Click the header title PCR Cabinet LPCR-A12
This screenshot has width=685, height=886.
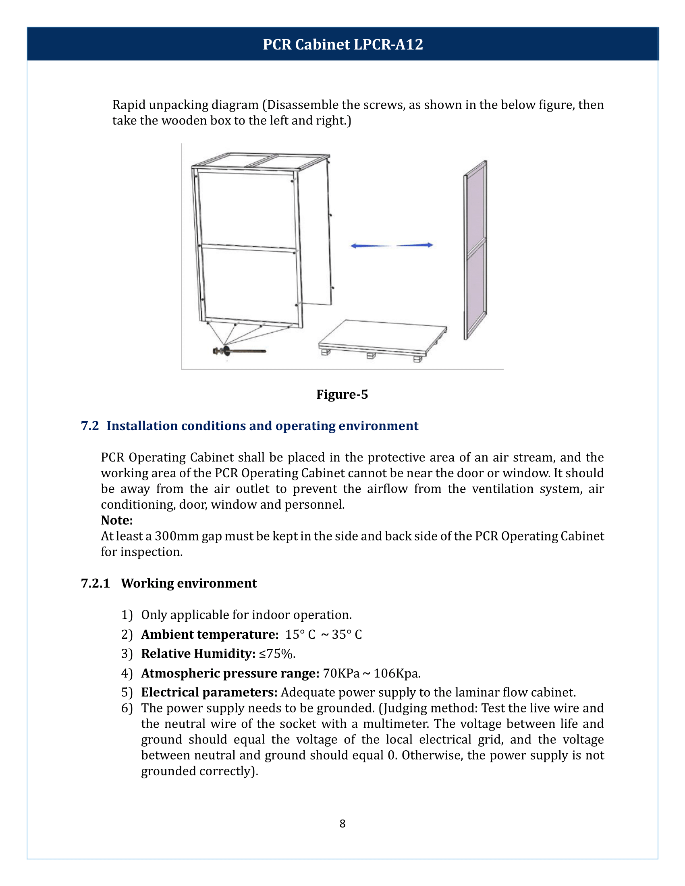tap(342, 44)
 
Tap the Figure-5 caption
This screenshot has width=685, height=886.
tap(342, 394)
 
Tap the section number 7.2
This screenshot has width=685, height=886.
tap(90, 426)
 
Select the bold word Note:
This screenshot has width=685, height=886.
tap(117, 520)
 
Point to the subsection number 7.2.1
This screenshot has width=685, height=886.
tap(95, 584)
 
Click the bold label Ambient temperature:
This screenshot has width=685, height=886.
tap(210, 634)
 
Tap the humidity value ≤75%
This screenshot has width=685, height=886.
tap(277, 654)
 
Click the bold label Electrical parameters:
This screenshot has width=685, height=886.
tap(210, 693)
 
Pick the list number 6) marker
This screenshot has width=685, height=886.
tap(127, 708)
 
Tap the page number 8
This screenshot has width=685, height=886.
tap(342, 824)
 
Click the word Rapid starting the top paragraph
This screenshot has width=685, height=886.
tap(129, 105)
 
